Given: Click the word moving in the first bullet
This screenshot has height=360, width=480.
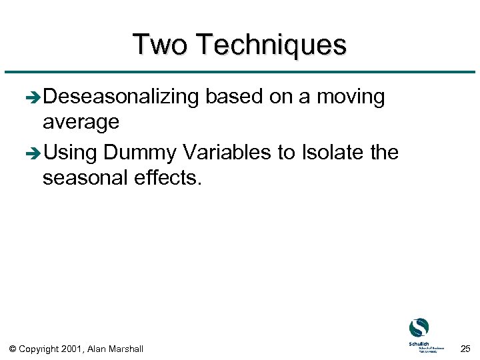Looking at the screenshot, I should coord(351,97).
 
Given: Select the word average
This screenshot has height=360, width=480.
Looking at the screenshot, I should coord(81,122).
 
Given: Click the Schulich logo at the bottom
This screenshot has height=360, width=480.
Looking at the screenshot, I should coord(419,334).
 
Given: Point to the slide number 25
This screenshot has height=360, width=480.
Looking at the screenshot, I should coord(465,348).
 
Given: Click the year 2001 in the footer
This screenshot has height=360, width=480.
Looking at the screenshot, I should coord(73,349).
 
